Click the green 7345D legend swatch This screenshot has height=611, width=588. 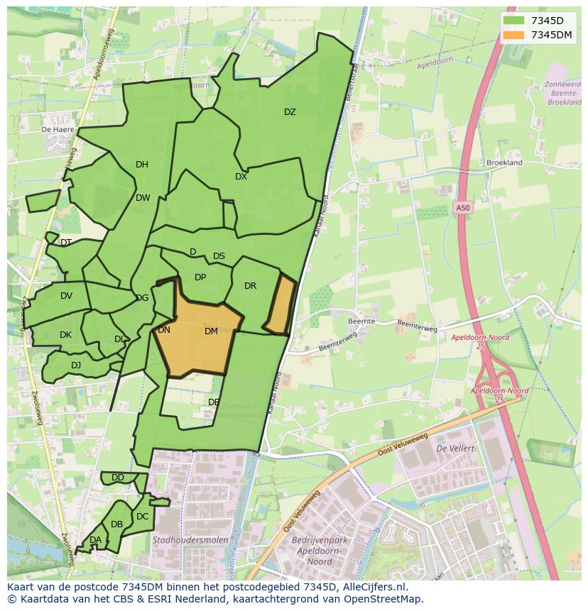513,21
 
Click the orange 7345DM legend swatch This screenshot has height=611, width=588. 513,35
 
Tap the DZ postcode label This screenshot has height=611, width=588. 290,112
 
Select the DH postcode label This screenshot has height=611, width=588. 142,165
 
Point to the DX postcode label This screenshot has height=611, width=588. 241,177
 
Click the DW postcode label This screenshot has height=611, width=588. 143,198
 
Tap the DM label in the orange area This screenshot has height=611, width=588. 211,331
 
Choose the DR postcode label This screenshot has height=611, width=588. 250,286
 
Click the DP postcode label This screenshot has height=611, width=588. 200,277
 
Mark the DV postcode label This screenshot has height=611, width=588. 66,296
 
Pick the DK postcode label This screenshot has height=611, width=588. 65,335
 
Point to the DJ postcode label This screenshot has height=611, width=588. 76,365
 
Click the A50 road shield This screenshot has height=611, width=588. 462,208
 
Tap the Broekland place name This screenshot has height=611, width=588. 504,163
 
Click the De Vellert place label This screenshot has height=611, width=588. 455,448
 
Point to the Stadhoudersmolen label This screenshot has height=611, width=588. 190,540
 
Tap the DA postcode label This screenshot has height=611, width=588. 95,540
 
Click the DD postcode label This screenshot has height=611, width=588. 118,478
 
